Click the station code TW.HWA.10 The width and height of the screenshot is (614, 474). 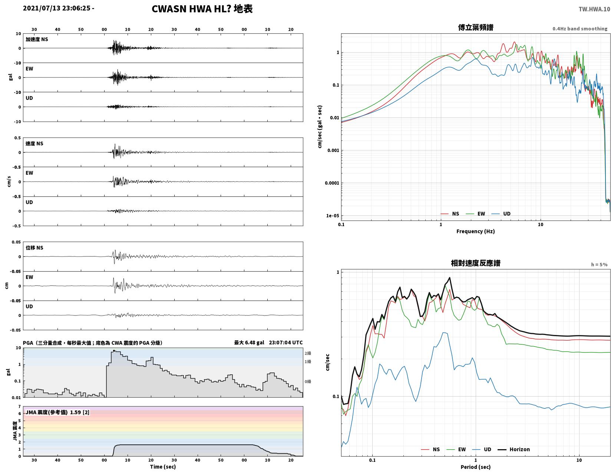point(594,9)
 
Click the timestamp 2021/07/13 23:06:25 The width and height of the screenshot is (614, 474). point(56,8)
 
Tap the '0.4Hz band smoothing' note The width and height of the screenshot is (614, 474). point(580,29)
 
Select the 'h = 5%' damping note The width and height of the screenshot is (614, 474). point(599,265)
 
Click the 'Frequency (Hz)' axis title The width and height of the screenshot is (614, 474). point(475,231)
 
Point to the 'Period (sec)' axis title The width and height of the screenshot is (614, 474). point(475,467)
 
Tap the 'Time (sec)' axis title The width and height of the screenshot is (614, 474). point(163,467)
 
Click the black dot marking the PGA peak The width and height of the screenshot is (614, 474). point(114,351)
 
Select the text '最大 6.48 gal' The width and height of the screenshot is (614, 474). point(249,342)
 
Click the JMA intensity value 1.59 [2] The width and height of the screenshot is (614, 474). point(80,412)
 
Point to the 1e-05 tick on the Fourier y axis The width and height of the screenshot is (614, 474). point(332,216)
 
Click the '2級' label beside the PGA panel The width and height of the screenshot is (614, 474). point(308,353)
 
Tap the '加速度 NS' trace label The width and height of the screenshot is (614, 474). point(37,39)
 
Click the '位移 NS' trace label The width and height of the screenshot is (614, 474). point(34,248)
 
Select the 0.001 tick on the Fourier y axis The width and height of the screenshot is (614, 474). point(333,150)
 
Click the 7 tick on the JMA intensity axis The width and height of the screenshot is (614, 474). point(20,407)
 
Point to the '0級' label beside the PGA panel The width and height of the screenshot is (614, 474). point(308,381)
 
